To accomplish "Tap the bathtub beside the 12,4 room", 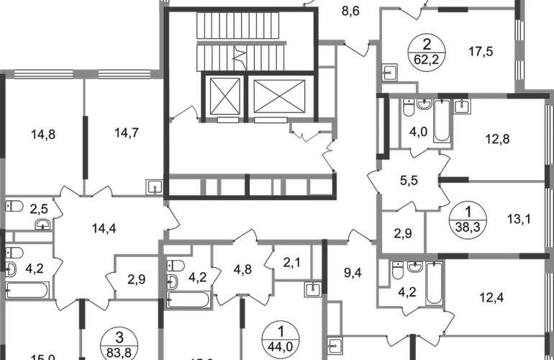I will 433,284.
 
